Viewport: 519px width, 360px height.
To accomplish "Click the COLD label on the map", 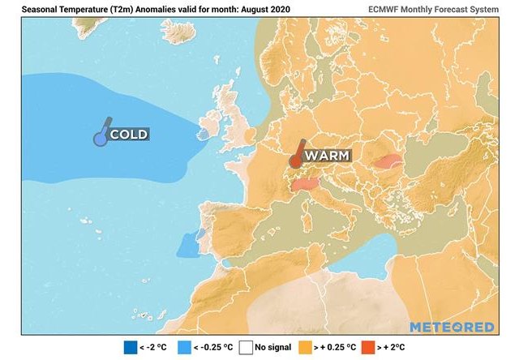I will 129,134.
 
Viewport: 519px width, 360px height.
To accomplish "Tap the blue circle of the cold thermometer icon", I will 100,139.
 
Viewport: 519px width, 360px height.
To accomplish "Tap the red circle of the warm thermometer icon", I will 296,161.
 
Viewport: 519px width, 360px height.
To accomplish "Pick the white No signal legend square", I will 246,349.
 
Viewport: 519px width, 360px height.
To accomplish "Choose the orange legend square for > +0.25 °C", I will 307,349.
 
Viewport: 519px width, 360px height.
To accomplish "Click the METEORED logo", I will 452,327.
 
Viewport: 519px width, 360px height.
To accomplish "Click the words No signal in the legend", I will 273,349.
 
